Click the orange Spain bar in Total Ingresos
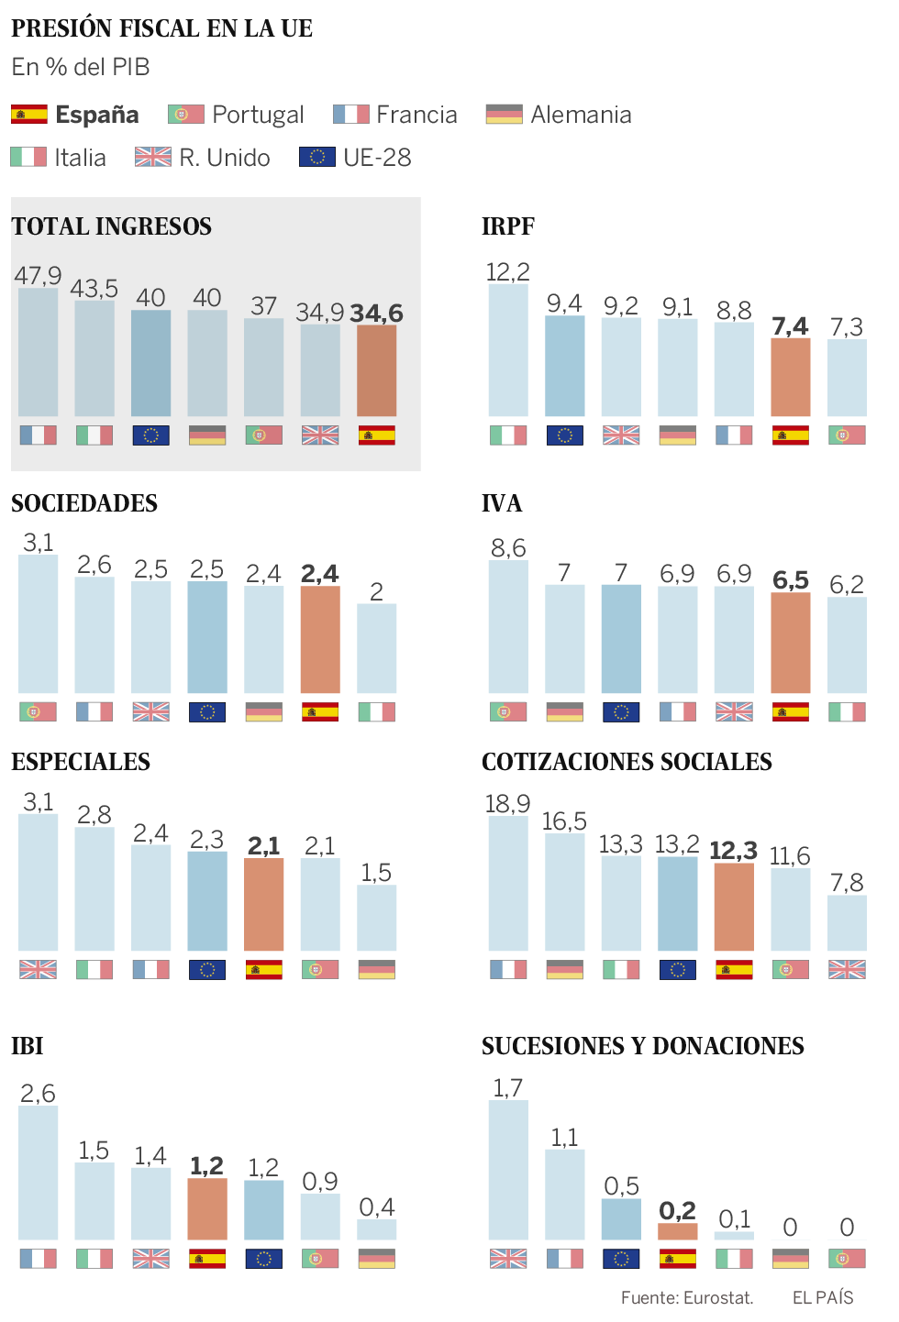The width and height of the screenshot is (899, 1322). tap(376, 371)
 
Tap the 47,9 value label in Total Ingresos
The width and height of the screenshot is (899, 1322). tap(38, 275)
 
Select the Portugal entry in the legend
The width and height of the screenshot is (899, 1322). tap(236, 115)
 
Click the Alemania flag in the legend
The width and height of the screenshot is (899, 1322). tap(504, 115)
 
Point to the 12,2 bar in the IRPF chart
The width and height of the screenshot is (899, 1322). tap(508, 350)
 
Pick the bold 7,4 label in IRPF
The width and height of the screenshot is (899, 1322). tap(790, 326)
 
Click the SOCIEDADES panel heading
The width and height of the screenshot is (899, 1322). tap(84, 503)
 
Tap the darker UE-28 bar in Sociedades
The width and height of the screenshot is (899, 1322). tap(207, 637)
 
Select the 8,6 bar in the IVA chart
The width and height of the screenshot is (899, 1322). tap(508, 627)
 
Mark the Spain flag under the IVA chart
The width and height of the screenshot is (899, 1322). tap(791, 712)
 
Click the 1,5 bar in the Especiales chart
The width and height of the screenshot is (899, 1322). tap(376, 918)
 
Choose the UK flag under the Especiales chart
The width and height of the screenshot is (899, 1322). tap(38, 970)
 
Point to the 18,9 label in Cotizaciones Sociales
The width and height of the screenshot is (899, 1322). tap(507, 804)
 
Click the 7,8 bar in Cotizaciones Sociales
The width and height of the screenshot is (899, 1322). tap(847, 923)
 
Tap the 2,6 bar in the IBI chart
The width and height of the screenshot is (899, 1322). tap(38, 1173)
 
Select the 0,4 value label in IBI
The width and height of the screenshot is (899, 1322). tap(376, 1207)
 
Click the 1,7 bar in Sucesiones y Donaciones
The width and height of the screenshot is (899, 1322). tap(508, 1170)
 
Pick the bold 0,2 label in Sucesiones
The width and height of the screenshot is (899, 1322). tap(677, 1211)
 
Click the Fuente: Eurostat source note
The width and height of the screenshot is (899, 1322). tap(687, 1298)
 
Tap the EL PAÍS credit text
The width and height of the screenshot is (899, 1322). tap(823, 1298)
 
